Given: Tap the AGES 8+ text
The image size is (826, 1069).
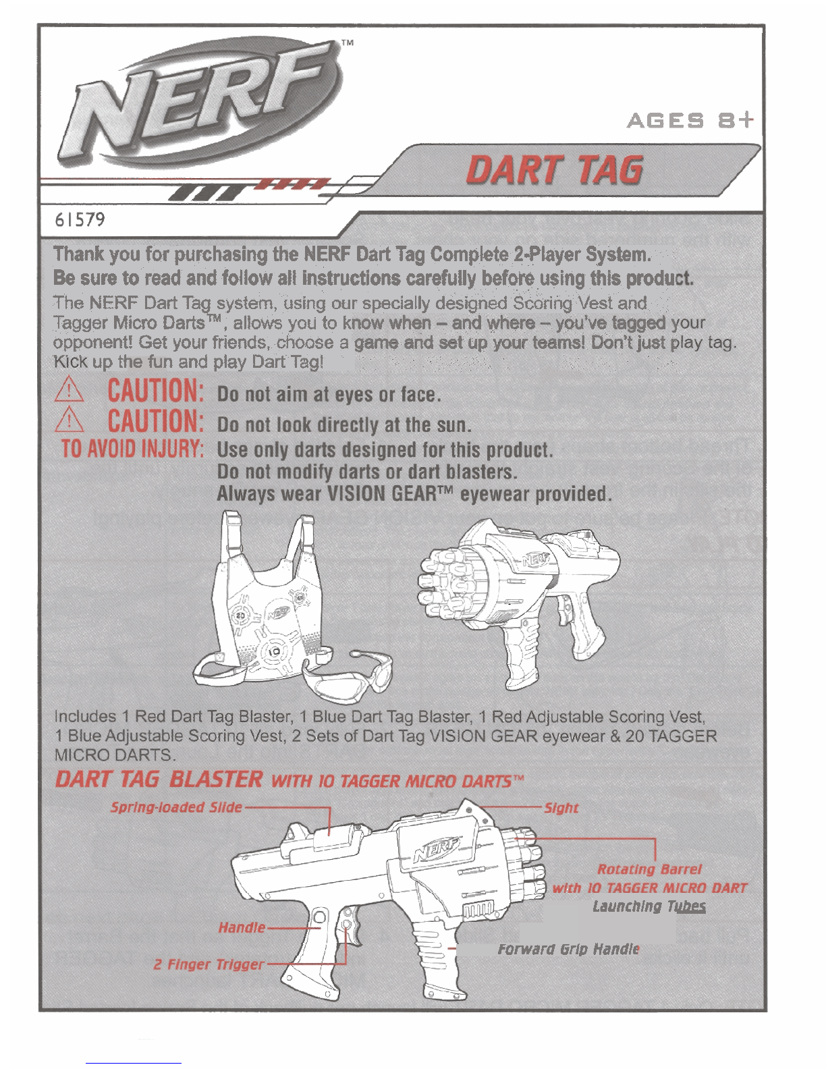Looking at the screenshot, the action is (x=690, y=121).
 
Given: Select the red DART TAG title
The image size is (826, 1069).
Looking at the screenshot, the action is (x=554, y=169).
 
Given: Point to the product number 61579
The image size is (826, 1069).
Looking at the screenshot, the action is (x=80, y=219).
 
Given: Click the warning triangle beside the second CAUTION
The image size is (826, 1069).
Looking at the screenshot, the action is (x=69, y=420).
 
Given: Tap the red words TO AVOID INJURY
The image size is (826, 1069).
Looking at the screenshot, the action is (x=132, y=449).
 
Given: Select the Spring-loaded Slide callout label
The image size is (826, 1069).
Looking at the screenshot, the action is (x=176, y=807).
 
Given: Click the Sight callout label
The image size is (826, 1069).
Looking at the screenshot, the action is (x=561, y=808).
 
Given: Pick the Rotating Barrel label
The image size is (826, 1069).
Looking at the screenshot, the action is (x=649, y=869).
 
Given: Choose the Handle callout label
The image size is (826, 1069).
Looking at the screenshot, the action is (x=242, y=928).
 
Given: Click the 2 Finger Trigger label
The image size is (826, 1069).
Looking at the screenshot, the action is (x=209, y=964).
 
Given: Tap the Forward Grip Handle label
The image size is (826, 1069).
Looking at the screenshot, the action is (x=568, y=949).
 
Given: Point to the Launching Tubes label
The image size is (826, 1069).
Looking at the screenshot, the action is (x=649, y=906).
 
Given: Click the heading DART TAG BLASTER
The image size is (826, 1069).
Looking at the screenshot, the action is (x=159, y=779).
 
